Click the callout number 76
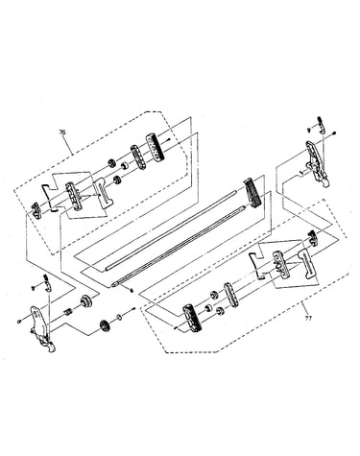pyautogui.click(x=62, y=132)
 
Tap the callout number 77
pyautogui.click(x=308, y=318)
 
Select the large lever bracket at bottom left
pyautogui.click(x=42, y=328)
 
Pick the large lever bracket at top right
pyautogui.click(x=317, y=164)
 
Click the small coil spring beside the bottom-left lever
pyautogui.click(x=67, y=311)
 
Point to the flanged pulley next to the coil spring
pyautogui.click(x=86, y=301)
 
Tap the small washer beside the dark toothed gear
pyautogui.click(x=119, y=318)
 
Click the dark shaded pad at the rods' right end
pyautogui.click(x=252, y=193)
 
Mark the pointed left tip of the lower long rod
pyautogui.click(x=112, y=284)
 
